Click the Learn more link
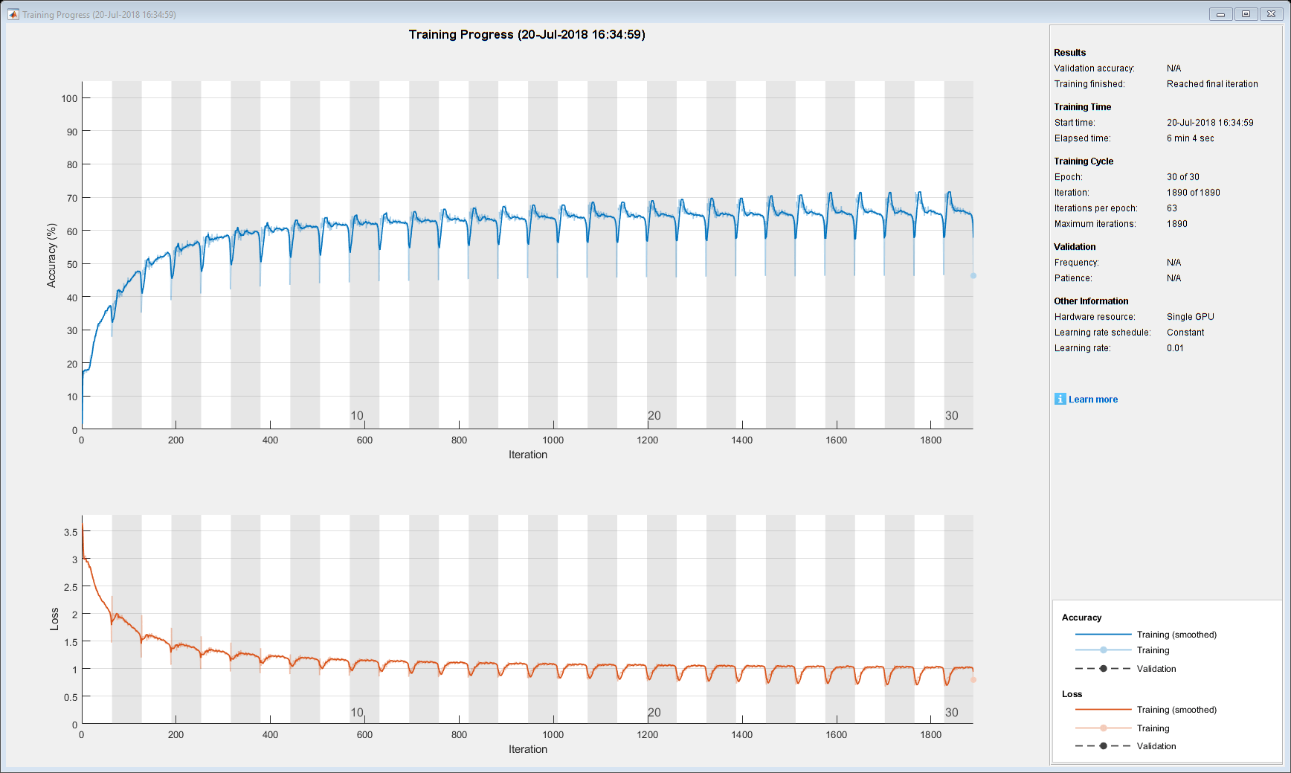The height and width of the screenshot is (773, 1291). [1092, 400]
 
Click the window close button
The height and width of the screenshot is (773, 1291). [1271, 14]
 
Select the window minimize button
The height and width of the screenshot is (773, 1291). [1220, 14]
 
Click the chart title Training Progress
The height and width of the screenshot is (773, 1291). [527, 34]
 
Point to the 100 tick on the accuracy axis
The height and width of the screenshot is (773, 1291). [69, 98]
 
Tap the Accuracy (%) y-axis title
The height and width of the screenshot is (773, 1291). [51, 255]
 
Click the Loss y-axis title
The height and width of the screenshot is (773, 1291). [54, 619]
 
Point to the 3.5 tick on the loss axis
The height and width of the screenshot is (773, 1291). [71, 532]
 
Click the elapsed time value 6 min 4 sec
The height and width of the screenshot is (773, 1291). [1190, 138]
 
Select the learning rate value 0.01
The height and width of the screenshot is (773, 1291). [1175, 348]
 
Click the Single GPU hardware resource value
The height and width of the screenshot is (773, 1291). [1190, 317]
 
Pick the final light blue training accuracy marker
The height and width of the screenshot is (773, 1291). [973, 276]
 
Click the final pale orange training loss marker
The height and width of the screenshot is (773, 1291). [973, 679]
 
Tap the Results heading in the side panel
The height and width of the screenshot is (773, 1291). [1069, 53]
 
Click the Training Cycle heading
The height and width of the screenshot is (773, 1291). [1084, 161]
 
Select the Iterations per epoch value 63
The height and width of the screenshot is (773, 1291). [1172, 208]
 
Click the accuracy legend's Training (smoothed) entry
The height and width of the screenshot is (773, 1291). [1176, 635]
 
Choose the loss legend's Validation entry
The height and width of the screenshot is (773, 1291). [1156, 746]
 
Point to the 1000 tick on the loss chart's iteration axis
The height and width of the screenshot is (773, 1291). [553, 734]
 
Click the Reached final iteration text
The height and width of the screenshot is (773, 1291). [1212, 84]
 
